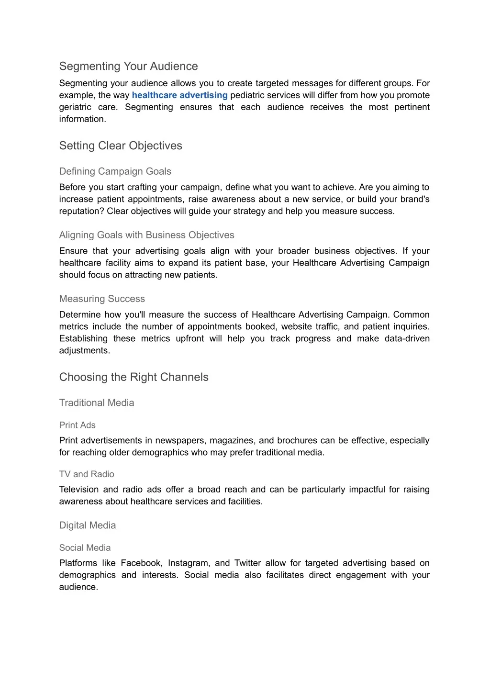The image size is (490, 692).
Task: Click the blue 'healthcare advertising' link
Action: click(x=179, y=95)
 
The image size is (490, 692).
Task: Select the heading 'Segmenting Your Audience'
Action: click(x=128, y=66)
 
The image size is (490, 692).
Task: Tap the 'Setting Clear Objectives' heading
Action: click(x=121, y=145)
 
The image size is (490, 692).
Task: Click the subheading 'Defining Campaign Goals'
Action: click(x=115, y=171)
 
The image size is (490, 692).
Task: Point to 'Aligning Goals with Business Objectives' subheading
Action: click(x=146, y=235)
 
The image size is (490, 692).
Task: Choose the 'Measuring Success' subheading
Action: click(x=102, y=299)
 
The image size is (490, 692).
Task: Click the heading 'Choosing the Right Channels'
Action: click(x=134, y=377)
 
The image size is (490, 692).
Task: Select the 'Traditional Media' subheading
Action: click(x=97, y=403)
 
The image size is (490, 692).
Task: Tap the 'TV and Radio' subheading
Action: click(x=87, y=474)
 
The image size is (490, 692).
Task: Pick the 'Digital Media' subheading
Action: click(x=88, y=525)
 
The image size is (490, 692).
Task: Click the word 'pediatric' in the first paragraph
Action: click(x=248, y=95)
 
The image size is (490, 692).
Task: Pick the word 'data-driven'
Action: click(x=407, y=339)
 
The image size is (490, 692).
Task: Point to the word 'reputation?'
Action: click(x=81, y=212)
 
